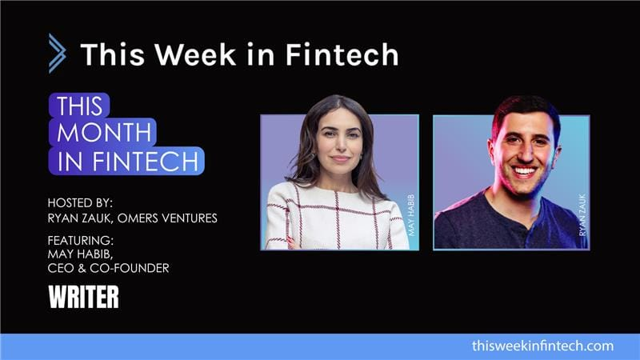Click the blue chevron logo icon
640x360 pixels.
[x=57, y=54]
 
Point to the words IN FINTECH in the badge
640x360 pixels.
[x=126, y=160]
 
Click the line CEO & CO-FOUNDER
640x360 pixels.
[x=109, y=269]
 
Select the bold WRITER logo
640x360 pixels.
[x=83, y=298]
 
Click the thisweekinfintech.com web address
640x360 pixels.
[x=542, y=346]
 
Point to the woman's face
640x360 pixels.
[x=339, y=141]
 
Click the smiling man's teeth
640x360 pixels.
[x=524, y=170]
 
